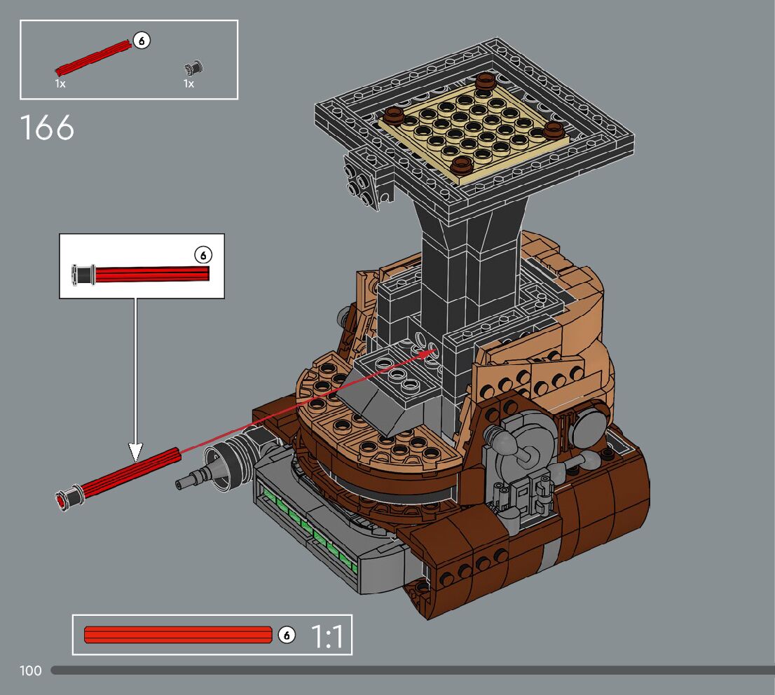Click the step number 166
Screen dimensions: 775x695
[47, 128]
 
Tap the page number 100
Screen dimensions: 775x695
[31, 670]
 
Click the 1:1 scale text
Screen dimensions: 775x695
[327, 636]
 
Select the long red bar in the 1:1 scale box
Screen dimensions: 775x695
[178, 635]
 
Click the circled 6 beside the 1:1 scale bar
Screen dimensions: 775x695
[287, 635]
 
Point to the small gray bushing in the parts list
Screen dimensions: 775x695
[193, 68]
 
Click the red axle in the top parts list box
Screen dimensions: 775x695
[93, 58]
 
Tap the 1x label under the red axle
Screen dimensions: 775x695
[60, 83]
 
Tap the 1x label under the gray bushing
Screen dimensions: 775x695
[188, 83]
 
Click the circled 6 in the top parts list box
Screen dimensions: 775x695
[142, 41]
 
